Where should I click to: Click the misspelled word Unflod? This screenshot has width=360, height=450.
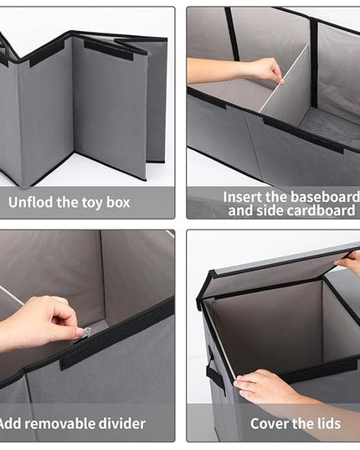(x=31, y=202)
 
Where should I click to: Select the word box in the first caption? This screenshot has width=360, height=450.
(x=118, y=202)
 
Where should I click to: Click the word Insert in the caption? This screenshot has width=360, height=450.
(x=242, y=197)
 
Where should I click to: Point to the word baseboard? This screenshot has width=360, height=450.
(x=325, y=197)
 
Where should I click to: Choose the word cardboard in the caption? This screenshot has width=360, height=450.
(x=321, y=210)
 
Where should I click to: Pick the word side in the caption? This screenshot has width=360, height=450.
(x=269, y=210)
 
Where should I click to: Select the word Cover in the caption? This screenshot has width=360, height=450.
(x=268, y=423)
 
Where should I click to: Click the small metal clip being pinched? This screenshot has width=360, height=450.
(x=85, y=334)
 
